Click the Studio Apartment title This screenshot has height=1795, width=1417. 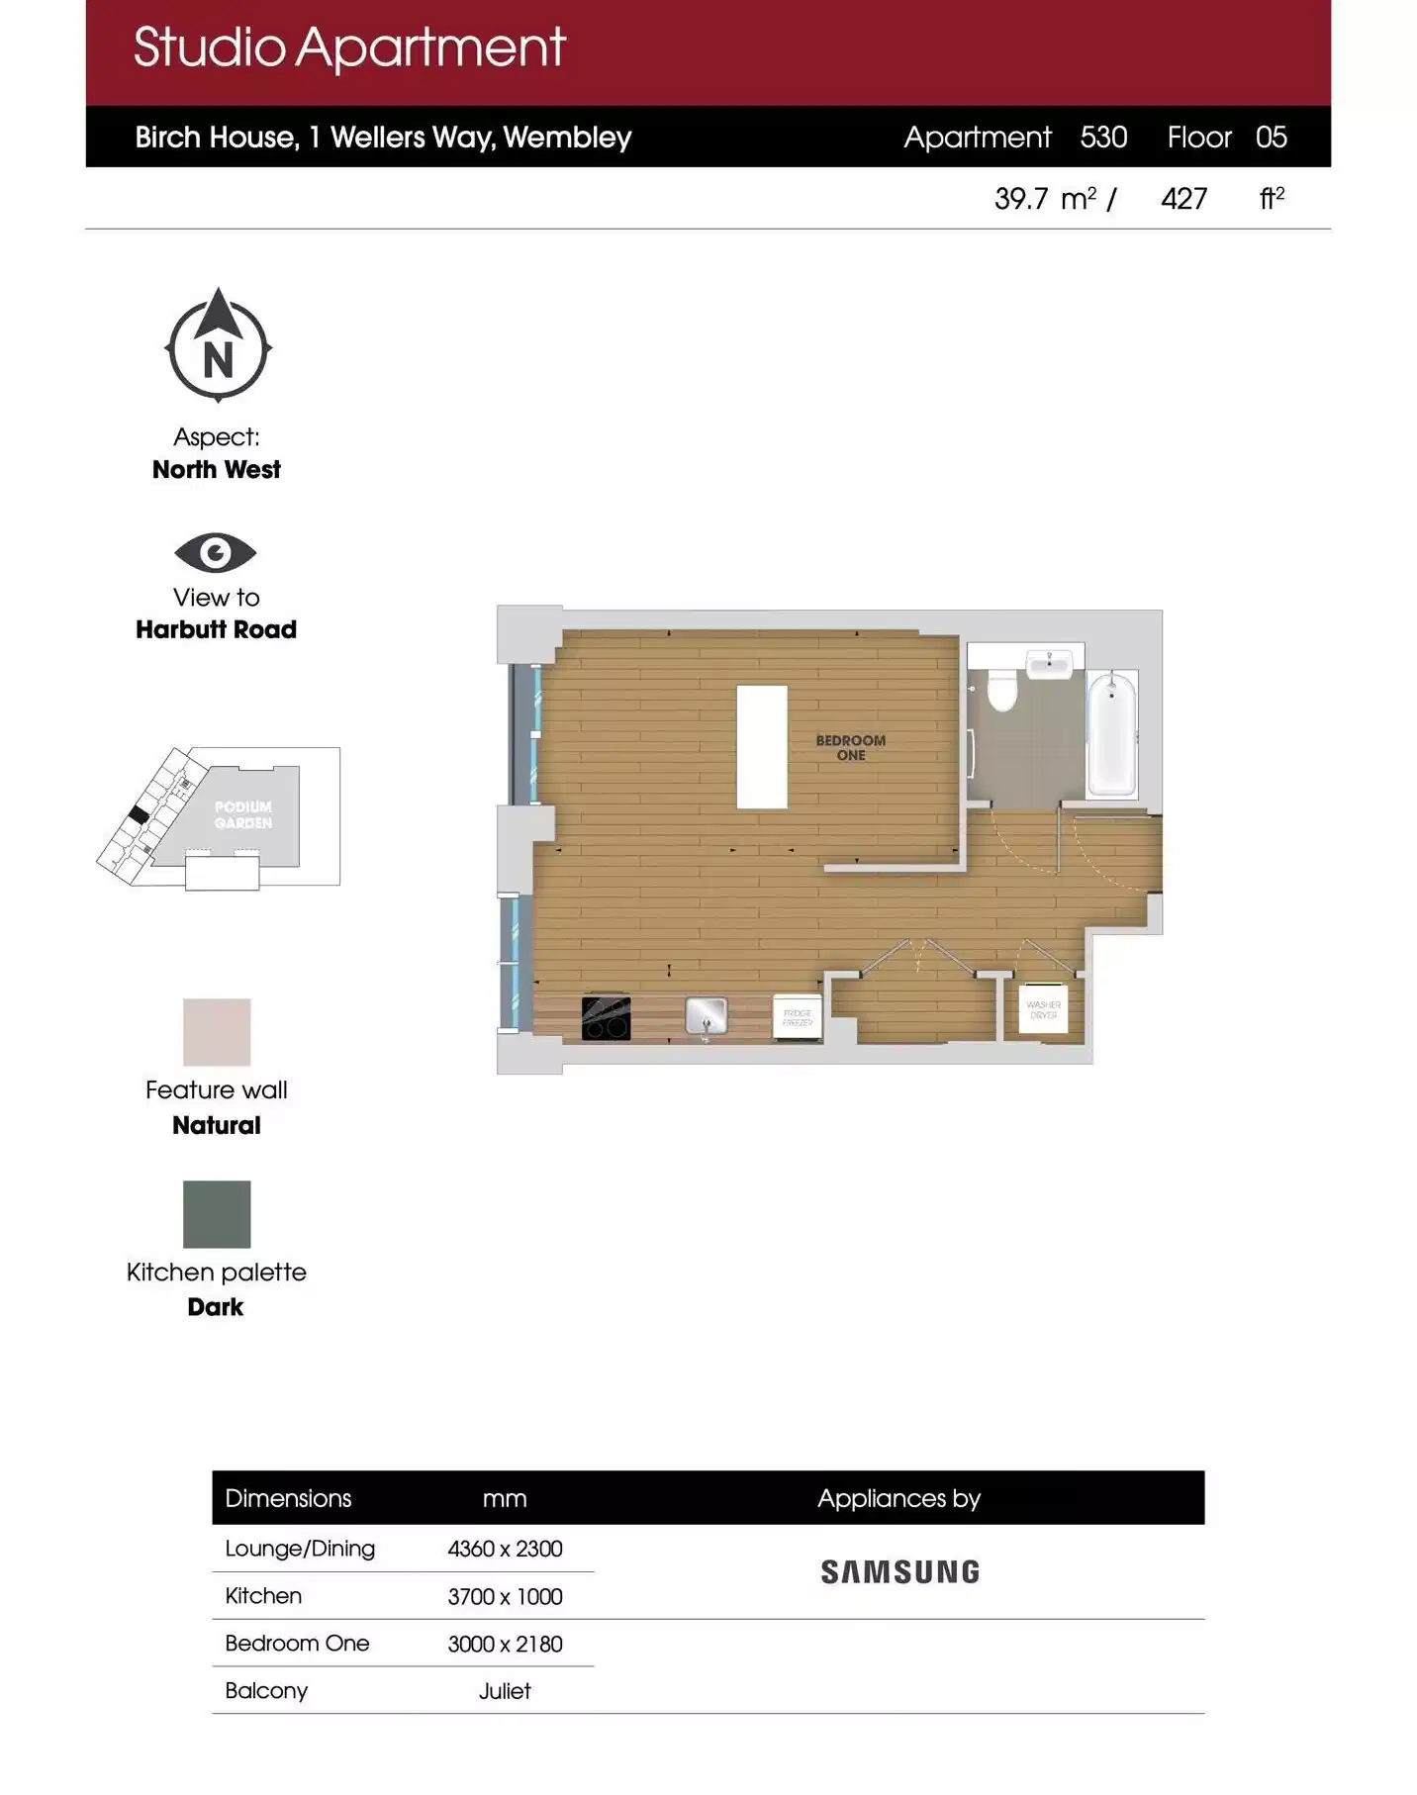pos(348,47)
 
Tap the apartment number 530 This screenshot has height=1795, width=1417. pos(1103,137)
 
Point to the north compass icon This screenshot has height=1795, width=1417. pos(218,347)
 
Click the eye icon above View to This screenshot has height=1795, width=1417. pos(215,552)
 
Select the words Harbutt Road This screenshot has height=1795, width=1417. pos(216,629)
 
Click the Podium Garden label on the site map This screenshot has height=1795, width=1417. pos(243,814)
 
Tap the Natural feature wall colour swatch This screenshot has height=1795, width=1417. pos(217,1032)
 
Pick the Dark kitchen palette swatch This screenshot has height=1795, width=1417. pos(217,1214)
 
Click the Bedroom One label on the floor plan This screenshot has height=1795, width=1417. pos(850,747)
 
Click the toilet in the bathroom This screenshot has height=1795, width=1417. pos(1001,690)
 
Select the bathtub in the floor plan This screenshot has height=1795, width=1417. pos(1111,732)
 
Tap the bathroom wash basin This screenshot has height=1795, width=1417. pos(1049,663)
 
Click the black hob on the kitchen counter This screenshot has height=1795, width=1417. pos(606,1018)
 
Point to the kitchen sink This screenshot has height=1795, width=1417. pos(706,1015)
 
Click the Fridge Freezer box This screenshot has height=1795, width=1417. pos(797,1017)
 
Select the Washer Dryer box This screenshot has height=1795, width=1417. pos(1043,1008)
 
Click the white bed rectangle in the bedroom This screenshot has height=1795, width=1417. pos(761,746)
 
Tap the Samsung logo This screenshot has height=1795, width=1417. pos(899,1571)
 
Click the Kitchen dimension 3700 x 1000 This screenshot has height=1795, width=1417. pos(505,1596)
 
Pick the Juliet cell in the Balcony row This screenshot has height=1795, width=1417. pos(505,1691)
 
